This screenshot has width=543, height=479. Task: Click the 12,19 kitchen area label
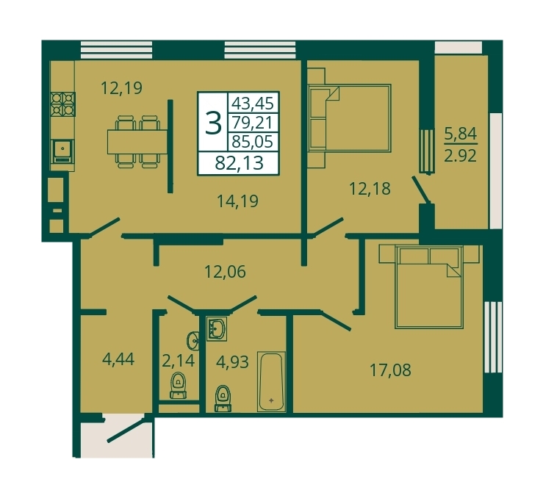(x=121, y=88)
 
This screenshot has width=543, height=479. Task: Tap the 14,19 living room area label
(x=237, y=201)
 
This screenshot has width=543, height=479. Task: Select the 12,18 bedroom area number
(x=370, y=189)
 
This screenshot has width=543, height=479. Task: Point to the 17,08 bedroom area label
(x=391, y=370)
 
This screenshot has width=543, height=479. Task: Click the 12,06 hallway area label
(x=225, y=272)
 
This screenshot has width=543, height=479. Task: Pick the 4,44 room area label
(x=118, y=359)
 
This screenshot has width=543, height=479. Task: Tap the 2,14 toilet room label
(x=179, y=361)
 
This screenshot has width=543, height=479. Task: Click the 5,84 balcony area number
(x=461, y=134)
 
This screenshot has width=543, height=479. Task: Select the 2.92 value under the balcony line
(x=461, y=156)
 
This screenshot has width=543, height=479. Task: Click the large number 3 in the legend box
(x=213, y=123)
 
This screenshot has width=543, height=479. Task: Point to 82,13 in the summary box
(x=239, y=163)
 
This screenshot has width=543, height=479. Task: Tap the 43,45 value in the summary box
(x=253, y=103)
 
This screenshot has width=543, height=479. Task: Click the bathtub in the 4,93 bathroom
(x=272, y=382)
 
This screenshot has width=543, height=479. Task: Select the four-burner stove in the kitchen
(x=63, y=104)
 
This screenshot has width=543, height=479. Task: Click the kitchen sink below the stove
(x=62, y=151)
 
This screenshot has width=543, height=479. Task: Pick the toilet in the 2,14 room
(x=178, y=386)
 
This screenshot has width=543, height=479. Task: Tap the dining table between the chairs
(x=137, y=141)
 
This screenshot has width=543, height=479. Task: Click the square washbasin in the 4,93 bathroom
(x=217, y=328)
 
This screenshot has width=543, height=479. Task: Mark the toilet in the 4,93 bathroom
(x=223, y=398)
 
